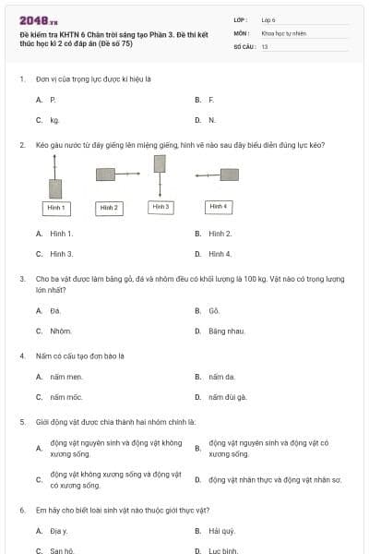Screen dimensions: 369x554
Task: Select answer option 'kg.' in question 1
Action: [54, 119]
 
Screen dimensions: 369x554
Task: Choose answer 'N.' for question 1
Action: [211, 119]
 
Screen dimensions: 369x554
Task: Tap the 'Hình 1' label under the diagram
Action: [55, 208]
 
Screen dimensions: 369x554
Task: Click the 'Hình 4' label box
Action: [218, 207]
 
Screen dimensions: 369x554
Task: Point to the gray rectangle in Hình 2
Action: [106, 174]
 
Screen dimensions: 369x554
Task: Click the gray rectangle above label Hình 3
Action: [161, 164]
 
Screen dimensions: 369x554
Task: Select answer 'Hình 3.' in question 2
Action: [61, 253]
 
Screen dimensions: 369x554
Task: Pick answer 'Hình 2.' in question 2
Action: [220, 234]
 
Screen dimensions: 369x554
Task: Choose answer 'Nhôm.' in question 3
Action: [60, 330]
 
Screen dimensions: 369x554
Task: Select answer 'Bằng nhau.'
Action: [226, 330]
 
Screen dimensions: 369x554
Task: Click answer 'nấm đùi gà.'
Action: [227, 397]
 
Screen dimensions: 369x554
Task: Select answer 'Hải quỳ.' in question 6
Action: [221, 531]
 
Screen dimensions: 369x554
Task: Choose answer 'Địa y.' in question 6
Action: [59, 531]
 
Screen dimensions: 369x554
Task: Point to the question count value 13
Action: [265, 45]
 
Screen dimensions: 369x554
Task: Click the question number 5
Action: [21, 421]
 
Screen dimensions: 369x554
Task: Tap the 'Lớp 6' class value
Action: [268, 19]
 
